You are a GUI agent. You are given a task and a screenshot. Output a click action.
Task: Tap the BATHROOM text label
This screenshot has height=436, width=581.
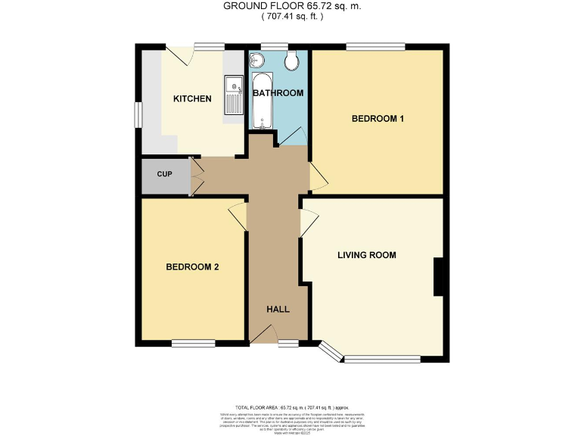278,94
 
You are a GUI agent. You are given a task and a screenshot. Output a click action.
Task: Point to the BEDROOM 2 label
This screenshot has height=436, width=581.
192,267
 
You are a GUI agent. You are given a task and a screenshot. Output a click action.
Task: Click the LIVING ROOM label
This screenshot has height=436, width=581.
366,255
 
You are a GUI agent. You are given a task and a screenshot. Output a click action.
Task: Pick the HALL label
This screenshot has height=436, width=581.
277,310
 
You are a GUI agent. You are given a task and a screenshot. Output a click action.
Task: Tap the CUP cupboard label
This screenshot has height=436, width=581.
164,174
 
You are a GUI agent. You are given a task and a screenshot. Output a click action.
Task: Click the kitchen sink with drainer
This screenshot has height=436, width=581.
233,94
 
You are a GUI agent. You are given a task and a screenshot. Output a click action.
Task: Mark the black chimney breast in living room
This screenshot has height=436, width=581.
437,277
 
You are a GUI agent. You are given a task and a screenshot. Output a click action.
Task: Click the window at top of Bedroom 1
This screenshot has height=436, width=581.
375,48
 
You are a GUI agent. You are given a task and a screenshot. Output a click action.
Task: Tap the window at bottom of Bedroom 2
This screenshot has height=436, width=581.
192,344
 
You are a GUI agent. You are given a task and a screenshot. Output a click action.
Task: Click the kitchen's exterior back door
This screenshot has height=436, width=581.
179,55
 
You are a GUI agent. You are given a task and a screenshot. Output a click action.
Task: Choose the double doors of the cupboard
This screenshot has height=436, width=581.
195,173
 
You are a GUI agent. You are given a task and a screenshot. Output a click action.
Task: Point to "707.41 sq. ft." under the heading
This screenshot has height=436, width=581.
291,17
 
